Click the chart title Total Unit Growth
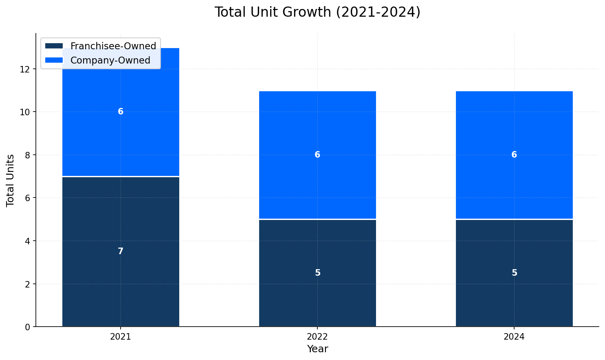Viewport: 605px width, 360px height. (317, 12)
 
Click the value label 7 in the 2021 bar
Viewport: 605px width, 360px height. (121, 251)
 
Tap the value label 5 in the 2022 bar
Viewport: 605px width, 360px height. (317, 273)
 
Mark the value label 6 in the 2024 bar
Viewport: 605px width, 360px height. (514, 155)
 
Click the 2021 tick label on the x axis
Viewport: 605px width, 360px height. (121, 337)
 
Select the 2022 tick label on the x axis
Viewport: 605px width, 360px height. (317, 337)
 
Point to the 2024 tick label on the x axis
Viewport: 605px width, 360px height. (514, 337)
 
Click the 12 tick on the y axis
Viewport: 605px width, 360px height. (25, 69)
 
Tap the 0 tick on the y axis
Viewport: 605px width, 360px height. (28, 327)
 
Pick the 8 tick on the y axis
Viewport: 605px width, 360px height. (28, 155)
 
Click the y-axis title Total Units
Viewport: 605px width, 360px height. (11, 180)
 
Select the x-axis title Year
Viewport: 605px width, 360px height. (317, 349)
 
